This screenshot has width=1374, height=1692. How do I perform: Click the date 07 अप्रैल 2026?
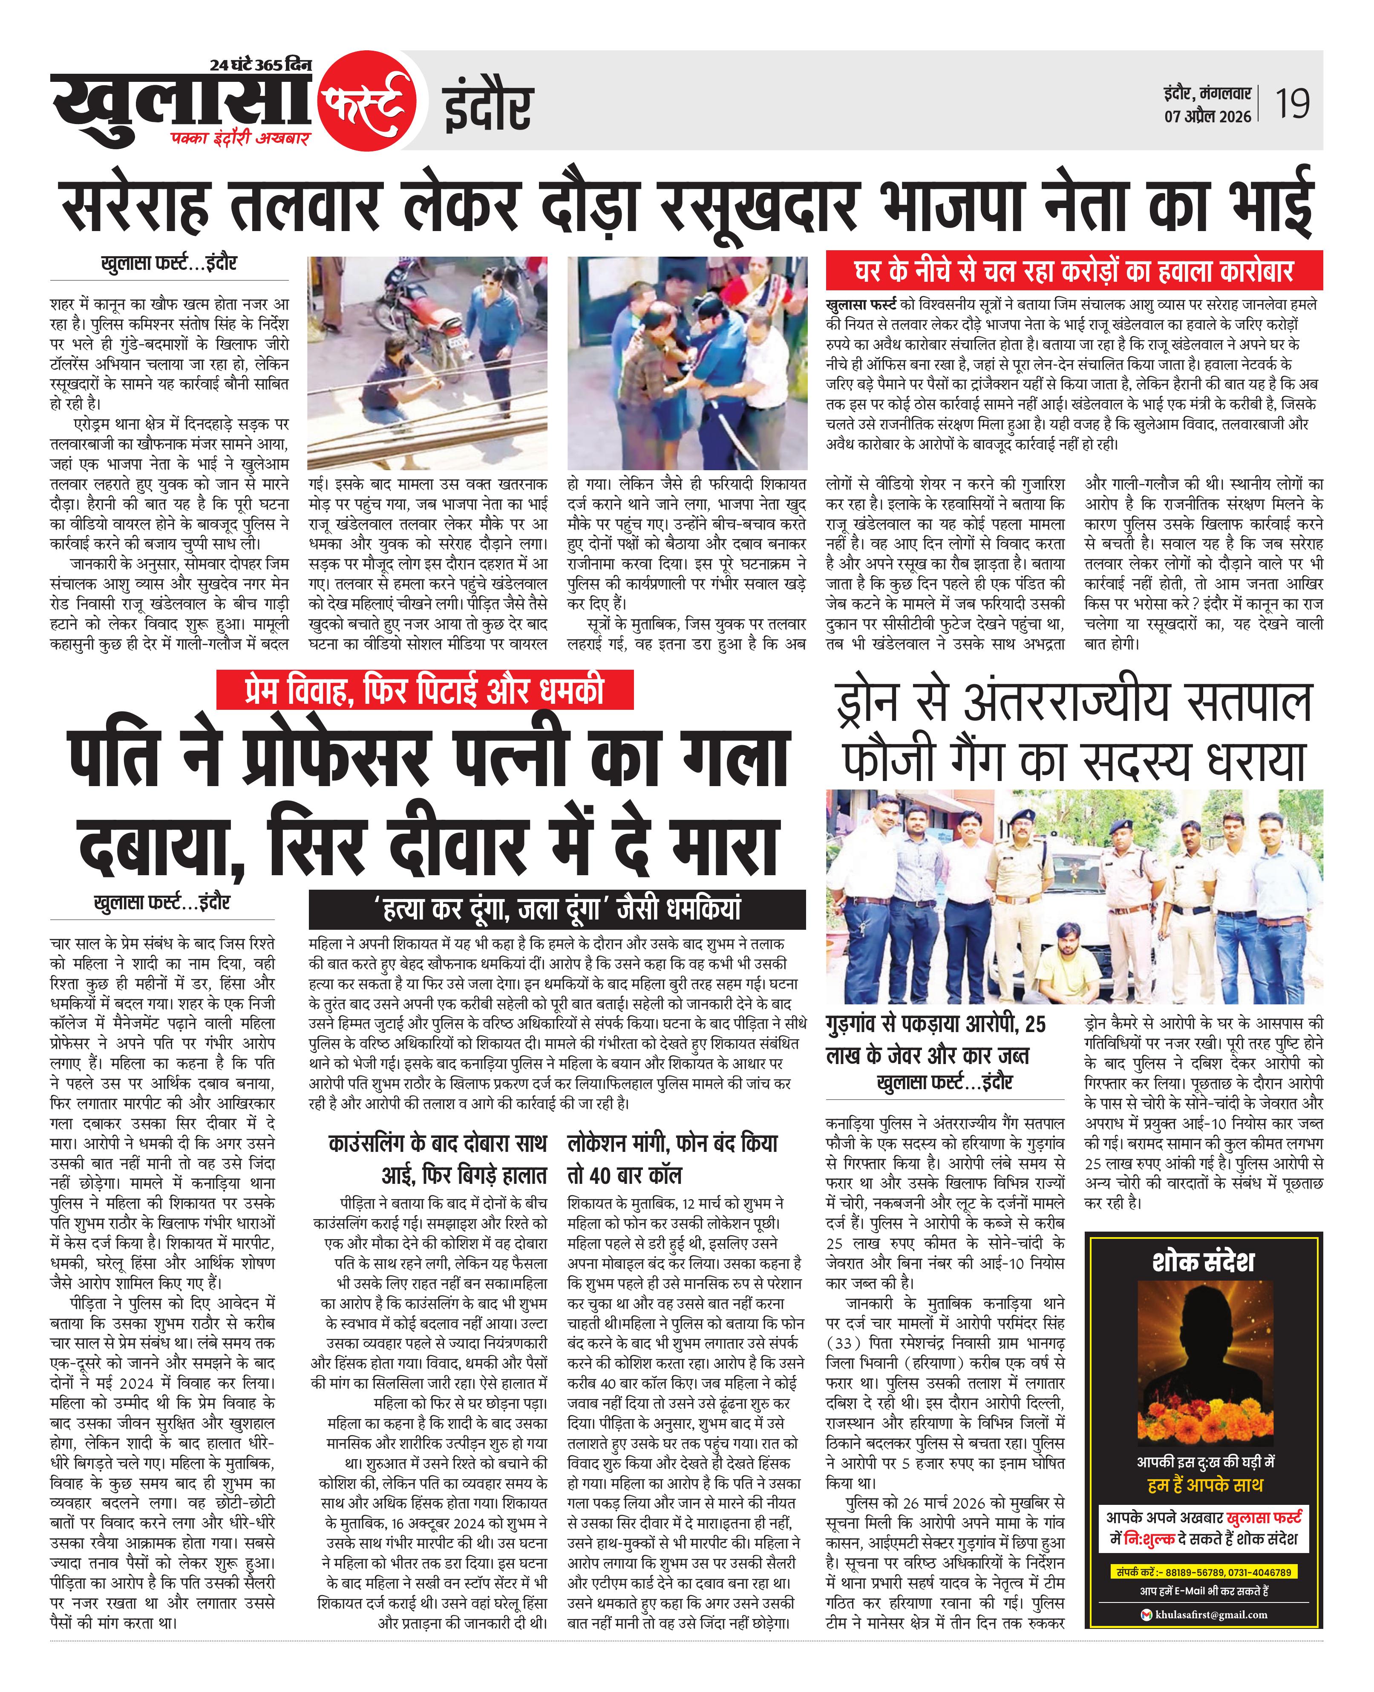coord(1207,116)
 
